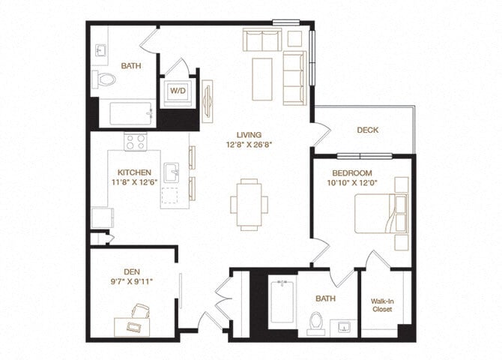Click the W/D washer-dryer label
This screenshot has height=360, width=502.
click(178, 91)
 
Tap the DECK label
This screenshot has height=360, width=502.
click(367, 130)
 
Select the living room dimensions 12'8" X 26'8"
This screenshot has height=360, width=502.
click(248, 144)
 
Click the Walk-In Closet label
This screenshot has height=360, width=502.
click(383, 306)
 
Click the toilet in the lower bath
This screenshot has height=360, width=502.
click(315, 322)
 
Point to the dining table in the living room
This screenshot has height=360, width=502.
click(249, 203)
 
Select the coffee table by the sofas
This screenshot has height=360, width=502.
click(261, 79)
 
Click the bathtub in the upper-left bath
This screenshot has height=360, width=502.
click(133, 114)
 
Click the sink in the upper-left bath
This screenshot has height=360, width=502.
click(102, 49)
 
